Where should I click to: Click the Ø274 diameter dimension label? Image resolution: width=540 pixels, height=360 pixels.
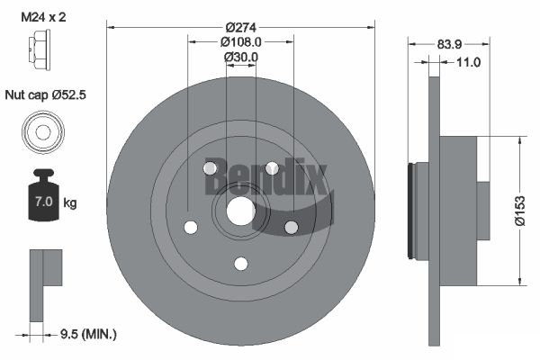[x=241, y=27]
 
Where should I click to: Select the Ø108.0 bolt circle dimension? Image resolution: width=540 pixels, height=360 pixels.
[x=240, y=42]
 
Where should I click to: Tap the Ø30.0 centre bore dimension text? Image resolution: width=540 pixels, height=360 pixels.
[x=240, y=58]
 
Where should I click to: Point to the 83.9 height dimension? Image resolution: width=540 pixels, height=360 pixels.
[x=449, y=44]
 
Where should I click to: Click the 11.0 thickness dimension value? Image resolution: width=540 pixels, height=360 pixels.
[x=468, y=62]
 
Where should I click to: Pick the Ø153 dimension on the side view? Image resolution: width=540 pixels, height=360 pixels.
[x=520, y=211]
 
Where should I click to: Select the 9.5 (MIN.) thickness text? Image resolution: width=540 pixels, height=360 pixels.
[x=88, y=334]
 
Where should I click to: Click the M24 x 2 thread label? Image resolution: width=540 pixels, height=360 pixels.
[x=43, y=17]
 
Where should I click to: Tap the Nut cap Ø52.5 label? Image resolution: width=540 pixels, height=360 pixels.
[x=45, y=94]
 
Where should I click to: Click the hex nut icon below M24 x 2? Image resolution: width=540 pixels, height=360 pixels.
[x=40, y=50]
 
